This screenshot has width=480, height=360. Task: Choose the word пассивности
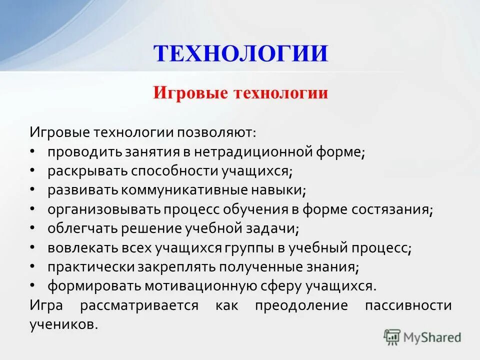[x=408, y=305]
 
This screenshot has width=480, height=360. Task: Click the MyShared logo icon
[x=392, y=336]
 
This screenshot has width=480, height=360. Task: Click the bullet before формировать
[x=32, y=285]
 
